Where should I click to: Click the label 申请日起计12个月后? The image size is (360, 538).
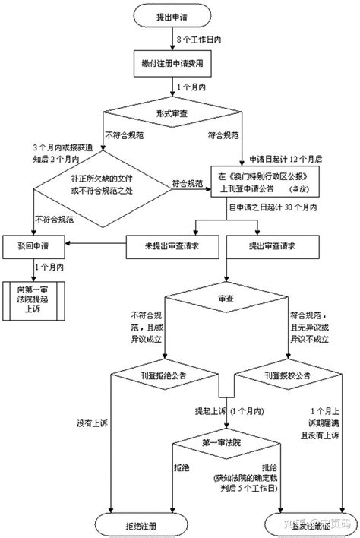[x=286, y=158]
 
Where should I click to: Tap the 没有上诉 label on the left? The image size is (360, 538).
[x=92, y=421]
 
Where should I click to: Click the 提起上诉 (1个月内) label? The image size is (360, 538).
[x=230, y=410]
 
